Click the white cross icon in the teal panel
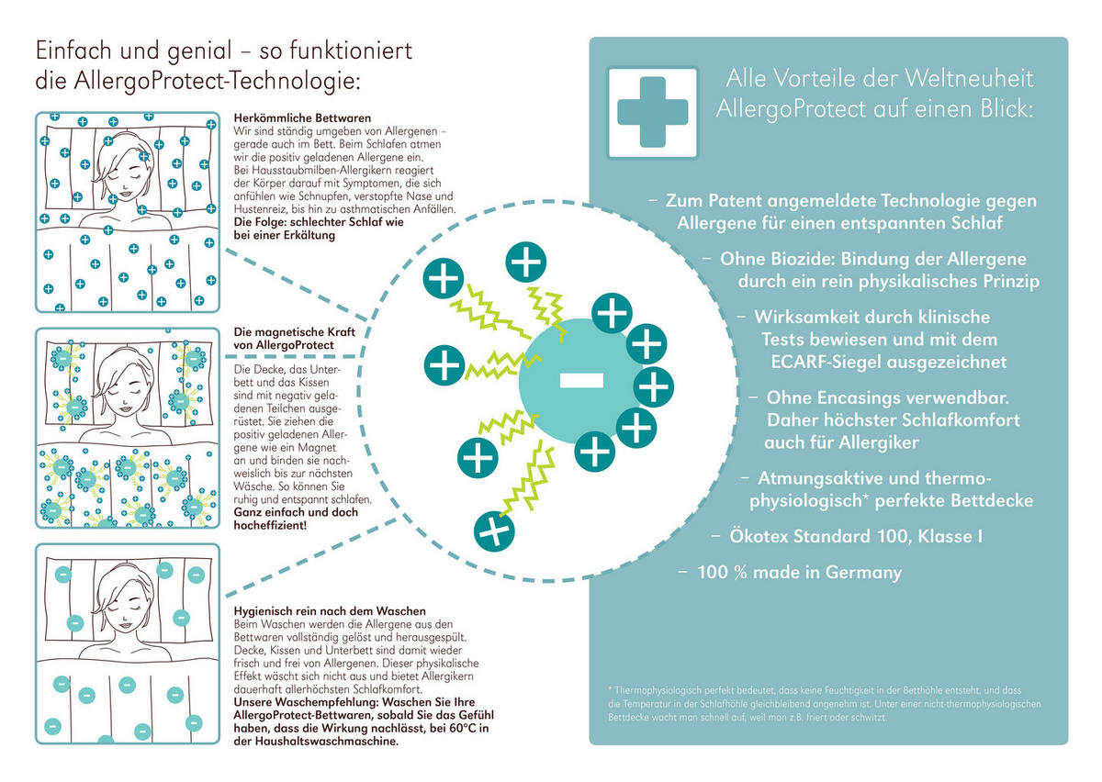pyautogui.click(x=652, y=113)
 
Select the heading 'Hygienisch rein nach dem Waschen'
pyautogui.click(x=331, y=611)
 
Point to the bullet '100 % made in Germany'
pyautogui.click(x=799, y=573)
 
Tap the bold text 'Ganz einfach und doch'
pyautogui.click(x=295, y=512)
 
